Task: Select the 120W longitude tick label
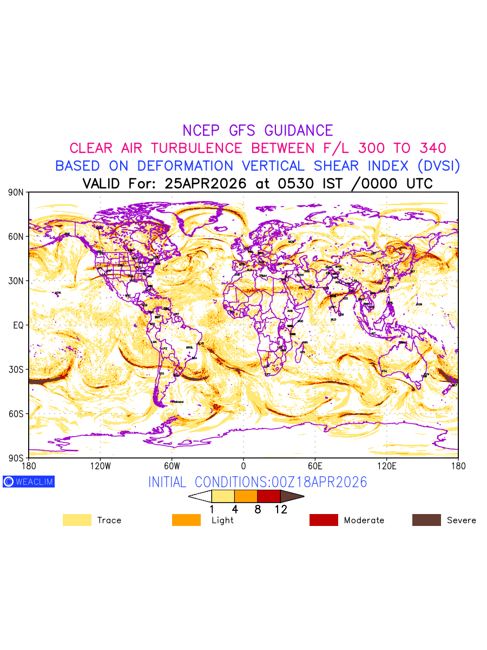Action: [x=100, y=466]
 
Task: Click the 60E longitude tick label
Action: [x=315, y=466]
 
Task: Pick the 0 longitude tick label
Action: [x=243, y=466]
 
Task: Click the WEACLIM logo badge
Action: [x=29, y=482]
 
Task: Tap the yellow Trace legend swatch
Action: [x=77, y=520]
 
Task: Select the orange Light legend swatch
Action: [x=186, y=520]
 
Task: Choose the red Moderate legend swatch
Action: [x=324, y=520]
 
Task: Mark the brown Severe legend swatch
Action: [x=426, y=520]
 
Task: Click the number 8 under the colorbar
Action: [x=258, y=509]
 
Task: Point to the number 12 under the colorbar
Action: [x=280, y=509]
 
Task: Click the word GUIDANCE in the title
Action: [x=299, y=131]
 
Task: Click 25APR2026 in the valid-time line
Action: [x=206, y=183]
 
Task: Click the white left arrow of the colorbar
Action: [x=200, y=496]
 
